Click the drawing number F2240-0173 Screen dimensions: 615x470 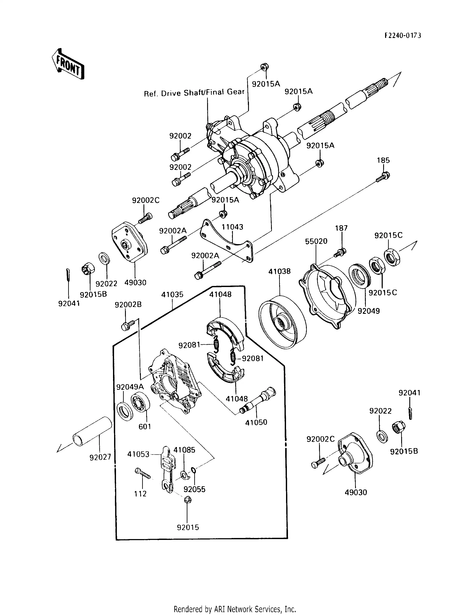tap(403, 36)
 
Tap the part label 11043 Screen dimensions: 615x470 tap(232, 227)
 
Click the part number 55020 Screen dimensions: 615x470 tap(316, 241)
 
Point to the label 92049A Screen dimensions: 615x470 tap(130, 387)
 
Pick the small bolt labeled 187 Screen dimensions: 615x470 tap(340, 252)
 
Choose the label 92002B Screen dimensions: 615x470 tap(128, 305)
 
